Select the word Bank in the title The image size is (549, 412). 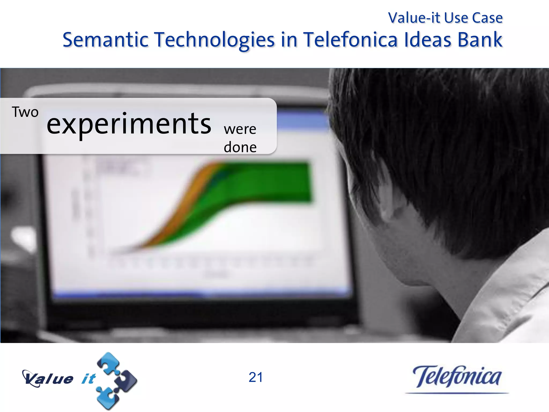480,40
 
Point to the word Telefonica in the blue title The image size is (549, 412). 350,40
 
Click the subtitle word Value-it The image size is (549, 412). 414,18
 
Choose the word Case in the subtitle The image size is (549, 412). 487,18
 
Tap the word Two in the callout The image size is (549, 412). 25,112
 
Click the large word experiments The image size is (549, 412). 129,124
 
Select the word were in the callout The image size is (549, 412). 240,129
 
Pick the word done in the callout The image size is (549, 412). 240,147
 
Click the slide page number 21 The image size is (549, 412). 256,377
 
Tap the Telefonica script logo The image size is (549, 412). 457,377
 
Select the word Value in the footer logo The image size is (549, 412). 48,379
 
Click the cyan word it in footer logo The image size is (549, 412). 88,379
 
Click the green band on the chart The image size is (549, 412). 268,182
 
